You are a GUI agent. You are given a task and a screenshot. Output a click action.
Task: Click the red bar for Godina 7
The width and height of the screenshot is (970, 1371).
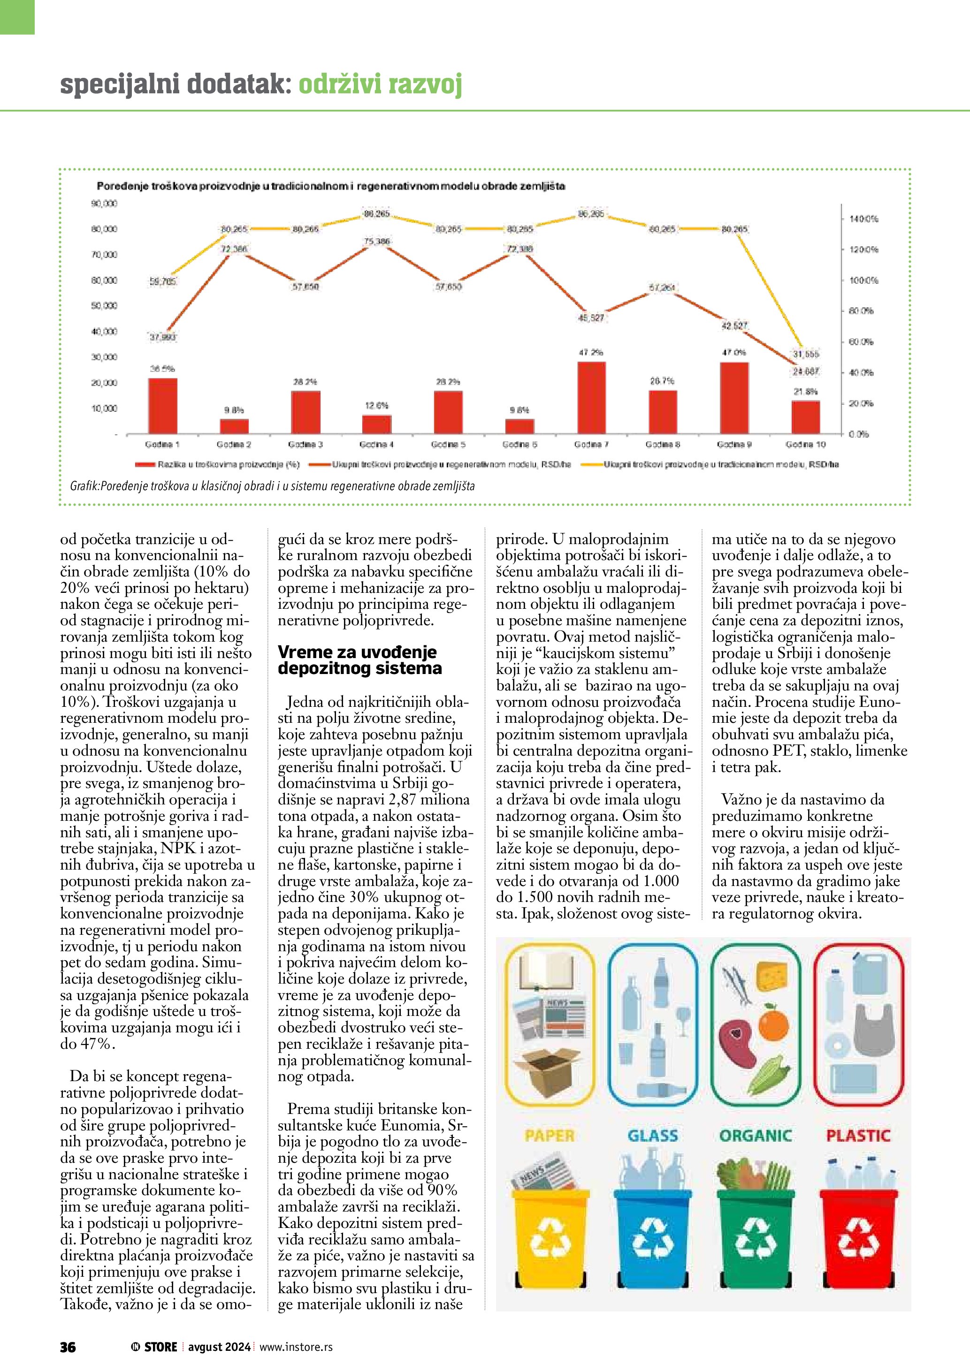[591, 397]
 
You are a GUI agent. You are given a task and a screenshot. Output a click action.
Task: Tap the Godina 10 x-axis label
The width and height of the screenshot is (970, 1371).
[805, 444]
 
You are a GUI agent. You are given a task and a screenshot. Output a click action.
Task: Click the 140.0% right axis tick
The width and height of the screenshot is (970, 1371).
[863, 219]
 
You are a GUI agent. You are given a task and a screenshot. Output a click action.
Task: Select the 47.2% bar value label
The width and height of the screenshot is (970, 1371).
[591, 352]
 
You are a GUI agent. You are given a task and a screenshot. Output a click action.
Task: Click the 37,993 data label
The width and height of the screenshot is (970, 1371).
[162, 337]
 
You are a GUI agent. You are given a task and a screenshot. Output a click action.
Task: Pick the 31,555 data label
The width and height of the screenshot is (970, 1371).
[806, 354]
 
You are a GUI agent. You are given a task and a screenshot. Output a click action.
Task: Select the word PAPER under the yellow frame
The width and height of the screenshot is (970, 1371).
[549, 1135]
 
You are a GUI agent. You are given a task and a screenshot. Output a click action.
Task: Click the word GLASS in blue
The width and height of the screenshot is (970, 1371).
[653, 1135]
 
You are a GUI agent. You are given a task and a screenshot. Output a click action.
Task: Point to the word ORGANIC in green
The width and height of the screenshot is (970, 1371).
[756, 1135]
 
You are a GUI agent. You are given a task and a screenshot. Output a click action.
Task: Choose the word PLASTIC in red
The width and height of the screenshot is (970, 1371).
[858, 1135]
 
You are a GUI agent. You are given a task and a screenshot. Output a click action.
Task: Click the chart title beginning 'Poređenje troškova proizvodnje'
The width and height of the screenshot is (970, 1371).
[331, 186]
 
